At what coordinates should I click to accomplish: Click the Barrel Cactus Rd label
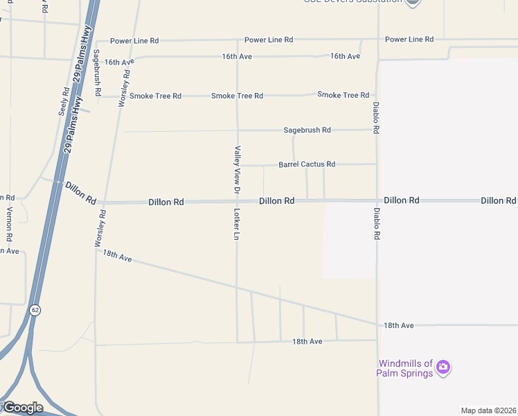[307, 164]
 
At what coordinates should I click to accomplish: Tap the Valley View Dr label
[237, 169]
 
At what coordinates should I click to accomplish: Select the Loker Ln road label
[237, 225]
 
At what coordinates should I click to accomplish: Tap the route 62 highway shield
[35, 309]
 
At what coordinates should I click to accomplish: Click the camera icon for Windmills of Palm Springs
[443, 366]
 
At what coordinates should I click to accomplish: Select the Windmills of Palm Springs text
[404, 368]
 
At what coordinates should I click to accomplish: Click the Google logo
[22, 408]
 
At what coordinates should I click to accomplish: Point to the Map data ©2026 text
[488, 410]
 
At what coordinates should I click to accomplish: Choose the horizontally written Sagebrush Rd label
[307, 130]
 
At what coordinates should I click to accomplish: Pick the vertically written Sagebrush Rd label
[97, 72]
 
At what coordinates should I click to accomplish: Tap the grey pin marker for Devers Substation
[412, 2]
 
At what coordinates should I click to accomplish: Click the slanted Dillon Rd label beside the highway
[81, 193]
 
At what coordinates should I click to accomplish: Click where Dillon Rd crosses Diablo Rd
[377, 200]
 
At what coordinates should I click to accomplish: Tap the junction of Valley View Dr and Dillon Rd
[237, 202]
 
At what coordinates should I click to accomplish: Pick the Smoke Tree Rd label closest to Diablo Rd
[343, 94]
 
